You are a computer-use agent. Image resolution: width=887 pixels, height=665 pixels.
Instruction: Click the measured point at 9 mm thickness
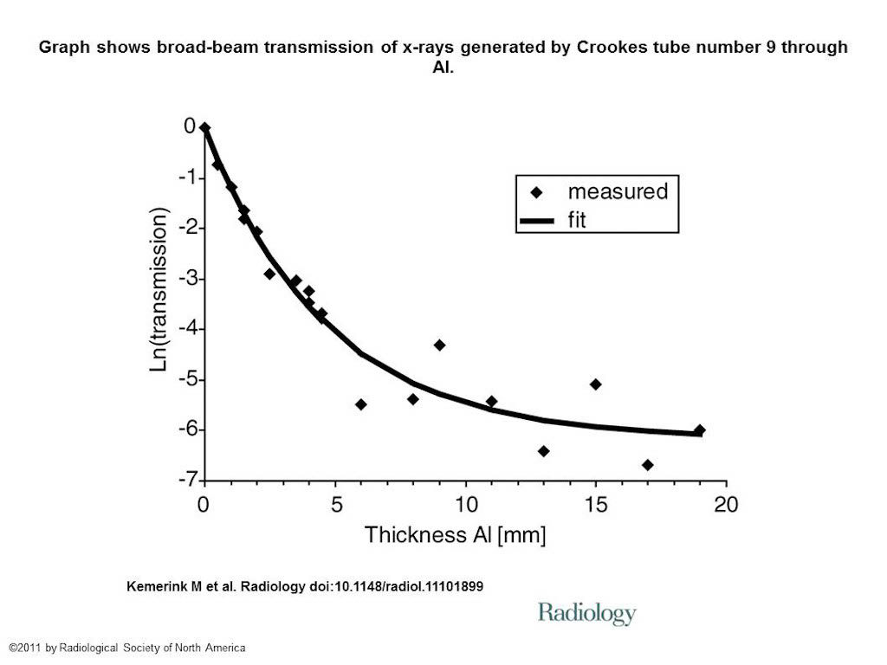[x=439, y=345]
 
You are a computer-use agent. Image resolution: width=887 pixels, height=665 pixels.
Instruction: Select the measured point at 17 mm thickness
[x=647, y=465]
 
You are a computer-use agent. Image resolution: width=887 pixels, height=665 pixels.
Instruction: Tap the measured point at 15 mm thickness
[x=595, y=384]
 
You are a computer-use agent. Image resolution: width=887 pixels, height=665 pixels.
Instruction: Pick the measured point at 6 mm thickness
[x=361, y=404]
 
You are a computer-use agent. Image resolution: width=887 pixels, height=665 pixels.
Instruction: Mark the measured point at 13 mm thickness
[x=543, y=451]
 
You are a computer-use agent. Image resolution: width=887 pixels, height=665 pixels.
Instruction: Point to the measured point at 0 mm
[x=205, y=128]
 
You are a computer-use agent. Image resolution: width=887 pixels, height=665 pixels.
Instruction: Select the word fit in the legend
[x=577, y=221]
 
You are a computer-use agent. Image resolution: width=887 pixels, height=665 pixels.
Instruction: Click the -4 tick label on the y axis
[x=185, y=329]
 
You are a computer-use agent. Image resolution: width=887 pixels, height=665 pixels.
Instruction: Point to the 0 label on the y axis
[x=190, y=127]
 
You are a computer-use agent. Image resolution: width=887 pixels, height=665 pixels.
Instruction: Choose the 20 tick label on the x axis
[x=725, y=505]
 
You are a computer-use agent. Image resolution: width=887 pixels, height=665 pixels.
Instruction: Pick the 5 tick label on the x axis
[x=336, y=505]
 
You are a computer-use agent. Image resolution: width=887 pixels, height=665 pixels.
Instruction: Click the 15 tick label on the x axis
[x=595, y=505]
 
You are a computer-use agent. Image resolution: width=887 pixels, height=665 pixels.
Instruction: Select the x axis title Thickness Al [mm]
[x=455, y=535]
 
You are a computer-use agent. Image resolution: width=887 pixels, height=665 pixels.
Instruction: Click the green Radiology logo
[x=586, y=614]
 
